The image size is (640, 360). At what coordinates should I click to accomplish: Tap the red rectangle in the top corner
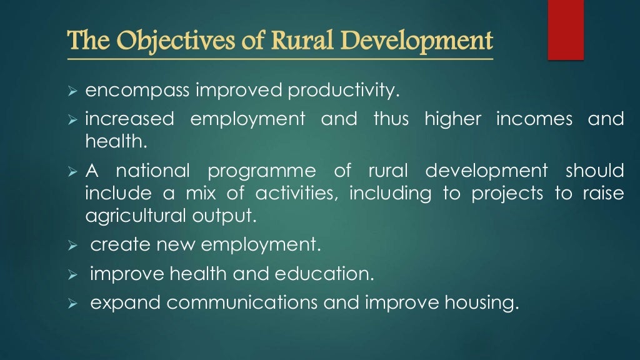566,29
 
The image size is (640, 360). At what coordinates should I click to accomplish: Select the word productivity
342,91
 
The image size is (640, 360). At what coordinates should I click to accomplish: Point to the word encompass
137,91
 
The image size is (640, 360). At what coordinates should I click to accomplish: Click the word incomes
534,119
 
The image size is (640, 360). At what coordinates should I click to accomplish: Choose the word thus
391,119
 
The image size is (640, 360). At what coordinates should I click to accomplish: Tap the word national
152,171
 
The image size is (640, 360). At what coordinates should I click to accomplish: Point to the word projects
507,194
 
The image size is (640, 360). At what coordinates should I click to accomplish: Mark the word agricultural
132,216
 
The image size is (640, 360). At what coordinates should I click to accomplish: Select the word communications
242,302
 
